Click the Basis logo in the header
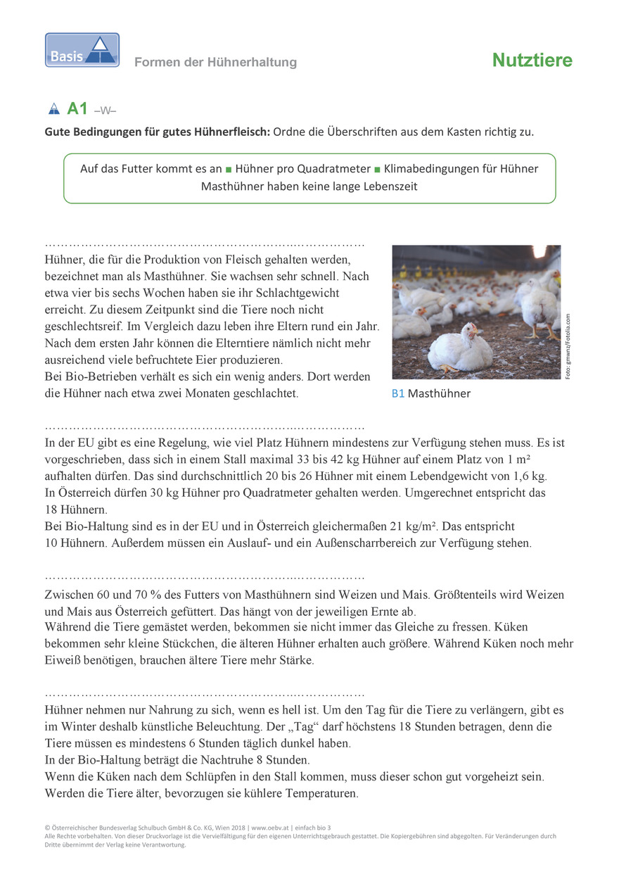[82, 50]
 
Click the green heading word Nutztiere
[532, 61]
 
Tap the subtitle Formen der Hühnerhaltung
[215, 63]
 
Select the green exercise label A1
[77, 108]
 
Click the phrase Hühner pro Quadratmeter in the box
[303, 169]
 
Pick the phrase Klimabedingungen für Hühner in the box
[461, 169]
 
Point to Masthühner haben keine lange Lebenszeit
[309, 186]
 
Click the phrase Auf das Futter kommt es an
[151, 169]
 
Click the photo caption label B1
[398, 394]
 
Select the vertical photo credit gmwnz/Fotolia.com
[568, 346]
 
